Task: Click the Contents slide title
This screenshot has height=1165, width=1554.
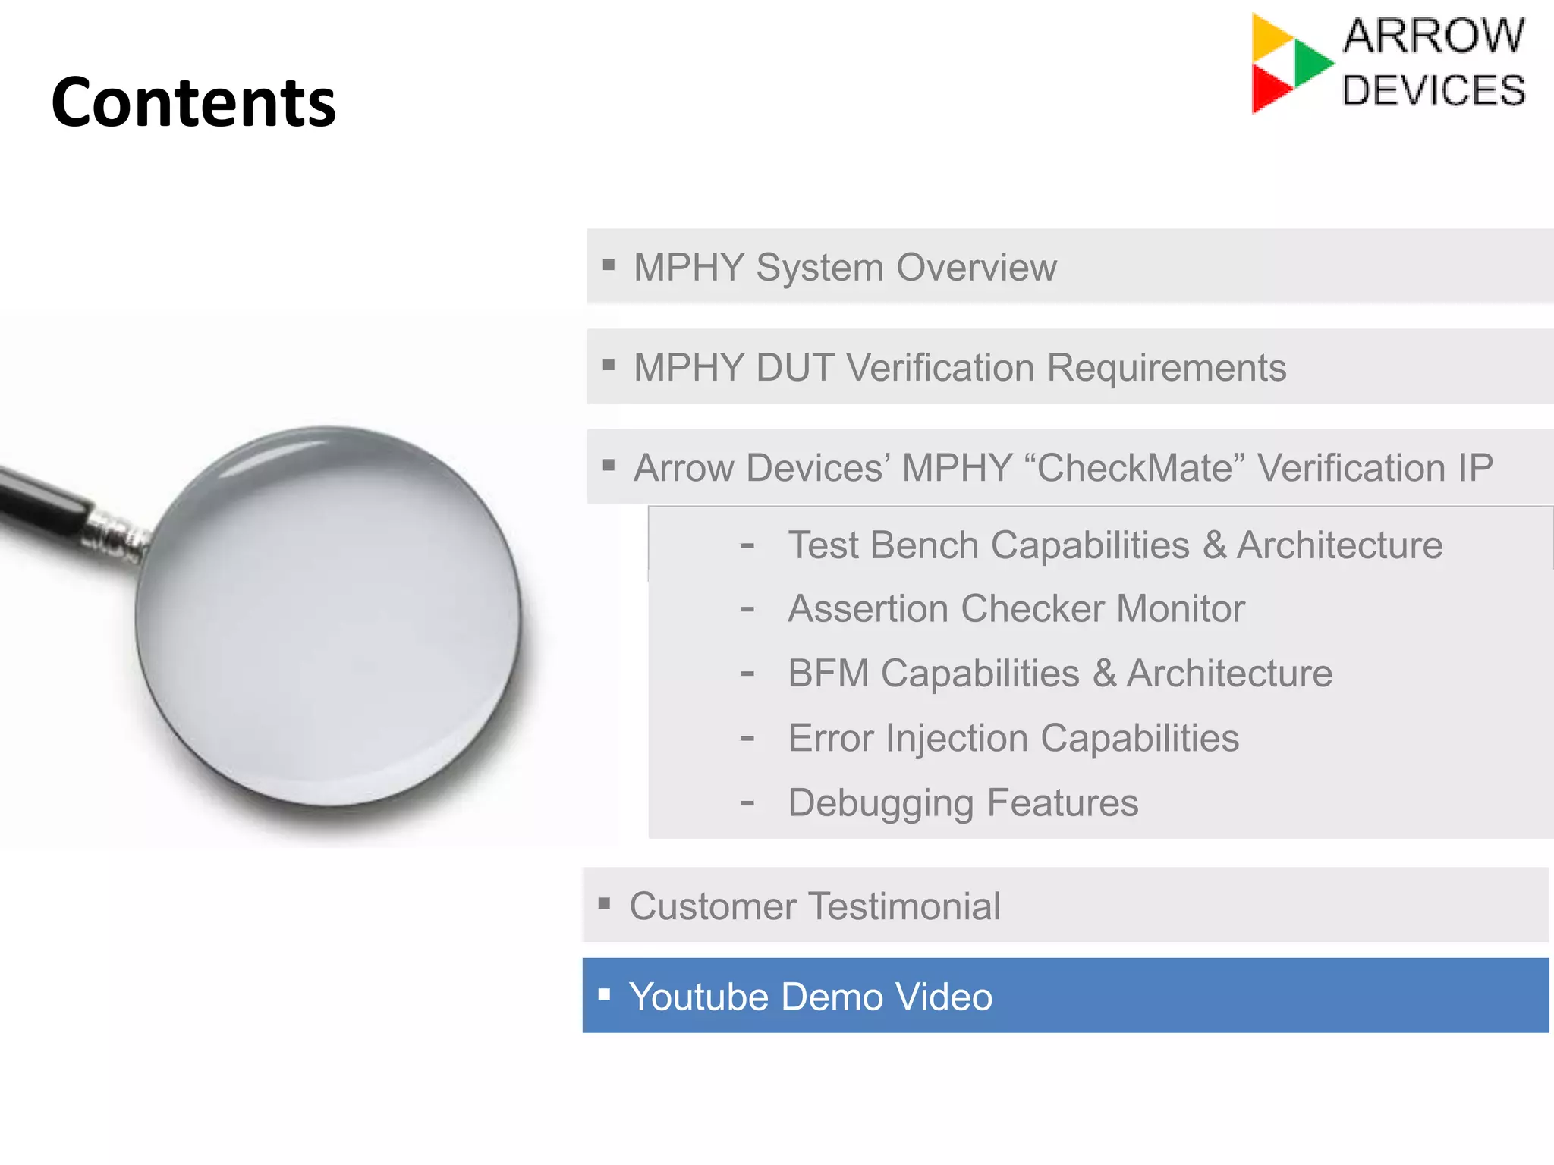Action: (193, 102)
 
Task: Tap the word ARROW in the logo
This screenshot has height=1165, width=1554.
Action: (1433, 36)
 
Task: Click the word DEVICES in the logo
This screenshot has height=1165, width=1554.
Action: (1433, 90)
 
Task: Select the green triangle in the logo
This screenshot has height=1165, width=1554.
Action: (1311, 63)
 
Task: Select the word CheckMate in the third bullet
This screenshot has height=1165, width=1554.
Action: (1134, 468)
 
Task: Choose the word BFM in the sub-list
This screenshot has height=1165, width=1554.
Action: (828, 674)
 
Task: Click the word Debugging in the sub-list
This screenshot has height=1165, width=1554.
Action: (881, 803)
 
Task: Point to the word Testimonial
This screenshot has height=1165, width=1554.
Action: (904, 906)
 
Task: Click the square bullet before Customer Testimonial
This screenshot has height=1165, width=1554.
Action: (605, 903)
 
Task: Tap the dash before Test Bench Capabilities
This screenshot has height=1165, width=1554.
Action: (747, 546)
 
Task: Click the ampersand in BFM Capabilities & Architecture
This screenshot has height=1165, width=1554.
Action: (1104, 674)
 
